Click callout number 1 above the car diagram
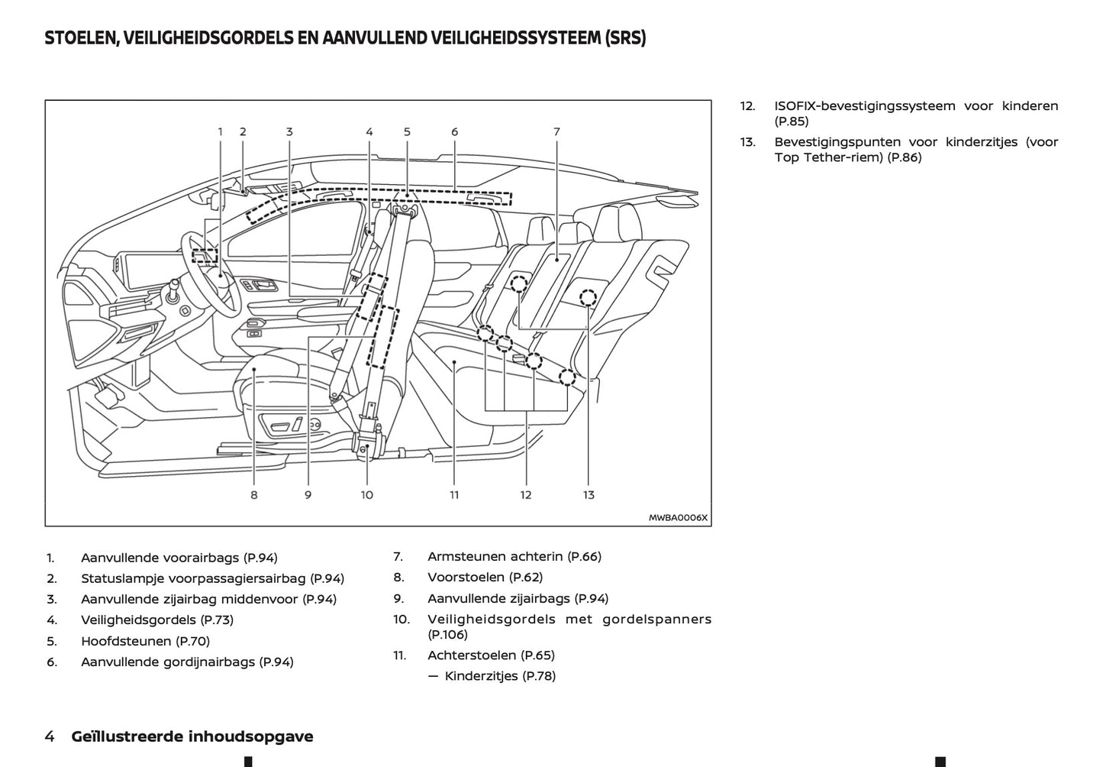[221, 131]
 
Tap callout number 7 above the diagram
[557, 131]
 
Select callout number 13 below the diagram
[589, 495]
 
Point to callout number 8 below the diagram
[254, 495]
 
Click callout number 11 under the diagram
[454, 495]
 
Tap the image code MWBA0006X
[678, 517]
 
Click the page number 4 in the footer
[50, 736]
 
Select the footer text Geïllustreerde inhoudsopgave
[192, 736]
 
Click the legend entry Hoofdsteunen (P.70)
[145, 641]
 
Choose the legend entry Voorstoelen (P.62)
[485, 578]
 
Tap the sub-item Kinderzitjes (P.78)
[500, 676]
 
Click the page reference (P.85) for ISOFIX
[792, 121]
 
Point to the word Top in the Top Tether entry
[786, 157]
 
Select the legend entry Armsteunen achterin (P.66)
[514, 557]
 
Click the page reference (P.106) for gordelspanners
[448, 634]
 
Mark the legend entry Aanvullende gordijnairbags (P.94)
[187, 662]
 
